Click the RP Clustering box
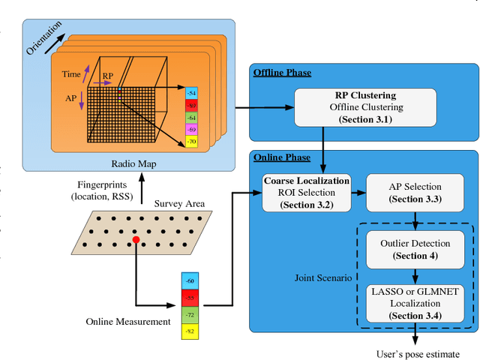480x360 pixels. click(x=364, y=107)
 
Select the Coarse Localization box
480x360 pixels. click(x=305, y=192)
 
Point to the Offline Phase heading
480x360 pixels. click(x=282, y=72)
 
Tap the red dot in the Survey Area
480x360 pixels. click(x=136, y=240)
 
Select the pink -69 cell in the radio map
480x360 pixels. click(x=192, y=130)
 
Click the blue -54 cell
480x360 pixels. click(x=192, y=92)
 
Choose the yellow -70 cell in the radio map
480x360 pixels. click(x=192, y=142)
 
